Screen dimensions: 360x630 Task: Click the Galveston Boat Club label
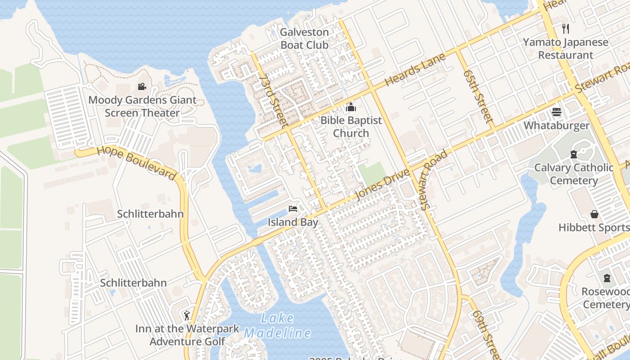(x=305, y=39)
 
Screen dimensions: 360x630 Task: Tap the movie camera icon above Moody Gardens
(x=142, y=86)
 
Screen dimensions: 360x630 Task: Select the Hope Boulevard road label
(x=136, y=163)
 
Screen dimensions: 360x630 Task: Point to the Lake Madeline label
(x=277, y=326)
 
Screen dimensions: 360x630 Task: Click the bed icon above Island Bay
(x=293, y=209)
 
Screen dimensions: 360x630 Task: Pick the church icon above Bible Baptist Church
(x=351, y=107)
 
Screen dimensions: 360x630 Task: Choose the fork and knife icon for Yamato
(x=566, y=29)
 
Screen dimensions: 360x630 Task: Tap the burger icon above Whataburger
(x=557, y=112)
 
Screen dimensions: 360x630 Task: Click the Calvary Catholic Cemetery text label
(x=574, y=174)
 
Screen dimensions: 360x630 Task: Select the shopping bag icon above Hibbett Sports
(x=594, y=214)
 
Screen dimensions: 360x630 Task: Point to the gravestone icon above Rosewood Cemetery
(x=607, y=278)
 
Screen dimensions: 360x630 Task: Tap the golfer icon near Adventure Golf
(x=187, y=315)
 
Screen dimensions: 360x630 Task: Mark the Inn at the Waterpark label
(x=187, y=329)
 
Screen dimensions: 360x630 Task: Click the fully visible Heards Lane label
(x=415, y=71)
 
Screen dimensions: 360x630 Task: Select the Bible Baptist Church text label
(x=351, y=127)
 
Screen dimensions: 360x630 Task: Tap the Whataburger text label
(x=557, y=126)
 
